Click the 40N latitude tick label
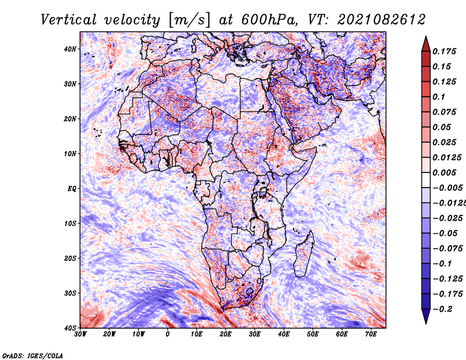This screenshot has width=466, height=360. click(70, 49)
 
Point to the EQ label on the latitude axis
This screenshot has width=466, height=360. click(72, 189)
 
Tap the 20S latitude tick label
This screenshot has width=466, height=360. click(70, 258)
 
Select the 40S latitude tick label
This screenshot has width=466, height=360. click(70, 328)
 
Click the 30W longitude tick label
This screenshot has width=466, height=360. click(80, 334)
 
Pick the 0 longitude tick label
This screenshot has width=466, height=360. click(168, 334)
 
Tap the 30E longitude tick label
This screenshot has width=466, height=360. click(255, 334)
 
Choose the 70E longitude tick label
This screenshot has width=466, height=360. click(371, 334)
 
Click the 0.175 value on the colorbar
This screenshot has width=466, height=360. click(444, 51)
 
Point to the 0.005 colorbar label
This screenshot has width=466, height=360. click(444, 172)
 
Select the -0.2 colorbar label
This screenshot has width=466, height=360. click(443, 309)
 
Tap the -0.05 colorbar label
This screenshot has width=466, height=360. click(445, 233)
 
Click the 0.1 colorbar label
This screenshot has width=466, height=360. click(439, 97)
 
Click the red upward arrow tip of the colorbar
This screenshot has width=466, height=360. click(426, 37)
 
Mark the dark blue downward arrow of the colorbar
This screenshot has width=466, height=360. click(426, 316)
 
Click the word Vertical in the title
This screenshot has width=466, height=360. click(69, 20)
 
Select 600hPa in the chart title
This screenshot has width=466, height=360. click(269, 20)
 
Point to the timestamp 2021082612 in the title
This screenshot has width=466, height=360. click(382, 20)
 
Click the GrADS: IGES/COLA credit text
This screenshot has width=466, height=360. click(33, 356)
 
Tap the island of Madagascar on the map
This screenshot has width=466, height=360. click(303, 255)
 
